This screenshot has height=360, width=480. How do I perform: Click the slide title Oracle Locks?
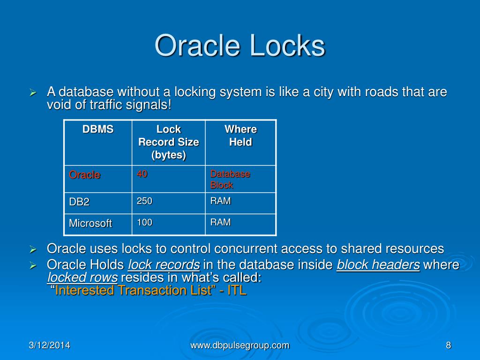coord(240,46)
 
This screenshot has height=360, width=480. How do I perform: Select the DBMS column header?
coord(98,129)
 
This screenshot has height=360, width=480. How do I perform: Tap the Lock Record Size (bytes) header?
coord(168,142)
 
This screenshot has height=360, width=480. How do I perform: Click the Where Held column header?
coord(240,135)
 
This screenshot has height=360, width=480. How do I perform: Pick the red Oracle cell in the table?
coord(85,175)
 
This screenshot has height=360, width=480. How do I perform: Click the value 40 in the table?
coord(142,174)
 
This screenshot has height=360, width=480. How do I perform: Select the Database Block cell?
coord(230,179)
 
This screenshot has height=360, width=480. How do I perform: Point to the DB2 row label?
coord(79,202)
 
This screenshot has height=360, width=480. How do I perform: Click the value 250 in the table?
coord(144,201)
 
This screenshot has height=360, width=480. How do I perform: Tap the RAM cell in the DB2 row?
coord(220,201)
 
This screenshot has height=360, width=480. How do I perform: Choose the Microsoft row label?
coord(90,224)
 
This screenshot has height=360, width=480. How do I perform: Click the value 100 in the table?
coord(144,222)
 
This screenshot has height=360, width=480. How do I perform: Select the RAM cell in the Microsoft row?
coord(220,222)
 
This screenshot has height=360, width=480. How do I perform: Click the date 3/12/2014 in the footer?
coord(49,345)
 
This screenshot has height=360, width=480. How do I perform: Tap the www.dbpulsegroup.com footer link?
coord(240,345)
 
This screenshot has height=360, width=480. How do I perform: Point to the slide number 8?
coord(448,345)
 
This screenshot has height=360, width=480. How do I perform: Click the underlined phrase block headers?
coord(378,265)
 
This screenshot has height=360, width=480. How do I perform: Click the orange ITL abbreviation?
coord(237,290)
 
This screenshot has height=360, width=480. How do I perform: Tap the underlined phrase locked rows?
coord(82,277)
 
